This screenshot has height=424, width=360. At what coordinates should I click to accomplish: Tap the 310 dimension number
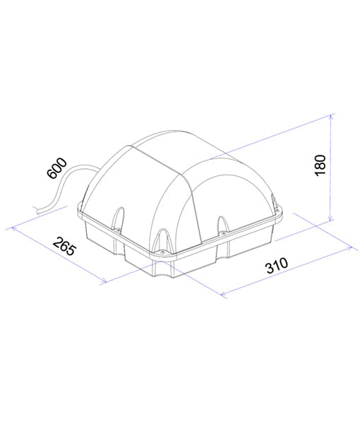tap(277, 268)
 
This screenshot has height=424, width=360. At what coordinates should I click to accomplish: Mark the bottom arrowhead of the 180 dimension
tap(330, 219)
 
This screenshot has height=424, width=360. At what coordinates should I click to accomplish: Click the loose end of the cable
tap(36, 208)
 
